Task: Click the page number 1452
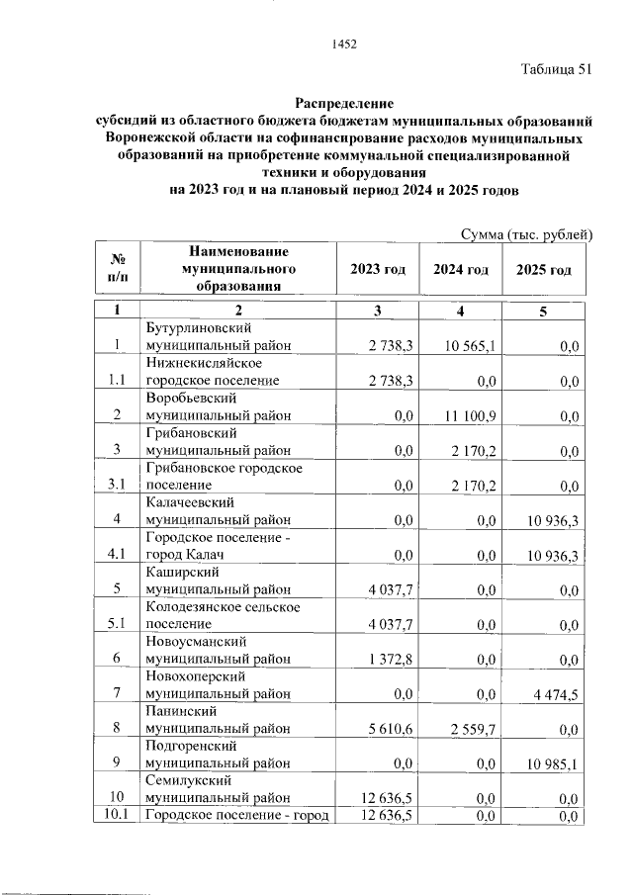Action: tap(342, 45)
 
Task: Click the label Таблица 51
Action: tap(556, 69)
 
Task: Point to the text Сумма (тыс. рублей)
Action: tap(526, 233)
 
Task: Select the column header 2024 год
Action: tap(461, 270)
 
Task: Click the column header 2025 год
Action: tap(544, 270)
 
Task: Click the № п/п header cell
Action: tap(117, 269)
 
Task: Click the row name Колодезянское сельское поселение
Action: tap(223, 615)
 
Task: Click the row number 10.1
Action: tap(117, 815)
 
